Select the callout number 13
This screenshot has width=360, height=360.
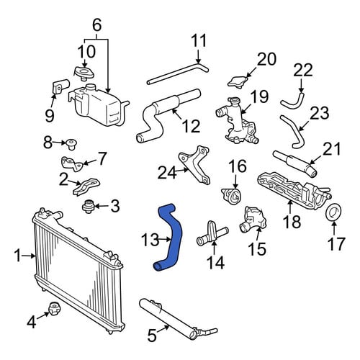150,240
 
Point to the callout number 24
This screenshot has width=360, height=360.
167,172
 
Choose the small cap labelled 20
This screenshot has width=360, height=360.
238,81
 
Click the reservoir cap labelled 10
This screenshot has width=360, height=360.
84,73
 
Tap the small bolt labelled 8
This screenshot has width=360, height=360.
71,144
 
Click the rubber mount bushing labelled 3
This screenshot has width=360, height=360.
88,207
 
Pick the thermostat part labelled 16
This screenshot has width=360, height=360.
231,196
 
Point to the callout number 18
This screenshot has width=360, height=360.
292,221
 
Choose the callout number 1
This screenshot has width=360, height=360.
17,256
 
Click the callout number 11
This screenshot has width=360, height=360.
199,41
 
